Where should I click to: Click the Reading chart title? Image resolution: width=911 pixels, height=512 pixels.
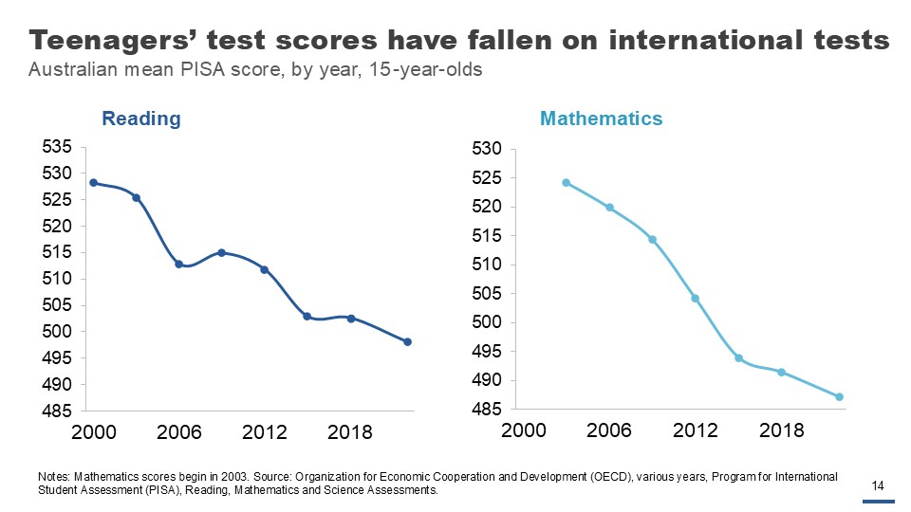[x=141, y=119]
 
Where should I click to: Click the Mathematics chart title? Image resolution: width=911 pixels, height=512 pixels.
[x=601, y=119]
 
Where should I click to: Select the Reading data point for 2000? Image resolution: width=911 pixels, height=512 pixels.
[x=93, y=182]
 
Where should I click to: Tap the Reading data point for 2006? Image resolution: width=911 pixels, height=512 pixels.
[x=178, y=264]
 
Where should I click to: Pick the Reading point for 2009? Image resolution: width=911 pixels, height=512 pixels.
[x=221, y=252]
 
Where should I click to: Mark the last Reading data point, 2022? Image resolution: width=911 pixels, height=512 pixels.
[x=407, y=341]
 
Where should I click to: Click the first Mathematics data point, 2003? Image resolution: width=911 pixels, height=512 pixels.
[x=566, y=182]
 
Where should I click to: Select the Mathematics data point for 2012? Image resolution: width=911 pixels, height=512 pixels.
[x=695, y=298]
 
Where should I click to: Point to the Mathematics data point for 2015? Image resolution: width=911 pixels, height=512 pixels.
[x=738, y=358]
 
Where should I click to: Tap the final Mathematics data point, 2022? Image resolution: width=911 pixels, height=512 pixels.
[x=839, y=396]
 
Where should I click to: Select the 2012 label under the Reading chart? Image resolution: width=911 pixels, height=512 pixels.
[x=265, y=432]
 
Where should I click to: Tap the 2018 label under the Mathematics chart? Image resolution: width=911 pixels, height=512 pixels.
[x=782, y=431]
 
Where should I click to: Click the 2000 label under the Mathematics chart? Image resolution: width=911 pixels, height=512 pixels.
[x=523, y=431]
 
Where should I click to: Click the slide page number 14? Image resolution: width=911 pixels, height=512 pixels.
[x=878, y=486]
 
